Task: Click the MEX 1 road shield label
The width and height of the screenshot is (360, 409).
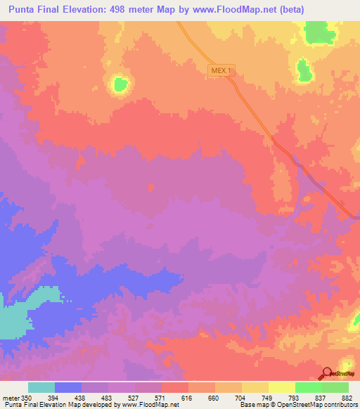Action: tap(220, 71)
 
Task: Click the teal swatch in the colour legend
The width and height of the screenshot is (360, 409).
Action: tap(41, 388)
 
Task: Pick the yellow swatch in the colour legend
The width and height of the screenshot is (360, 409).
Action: tap(281, 388)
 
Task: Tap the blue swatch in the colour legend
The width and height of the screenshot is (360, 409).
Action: tap(68, 388)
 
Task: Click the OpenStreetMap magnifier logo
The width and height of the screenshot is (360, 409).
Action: tap(327, 373)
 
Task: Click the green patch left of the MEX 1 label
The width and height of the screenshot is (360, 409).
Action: tap(120, 84)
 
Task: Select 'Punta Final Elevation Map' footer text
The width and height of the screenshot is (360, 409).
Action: tap(42, 404)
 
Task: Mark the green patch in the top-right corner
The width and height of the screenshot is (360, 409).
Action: tap(321, 32)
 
